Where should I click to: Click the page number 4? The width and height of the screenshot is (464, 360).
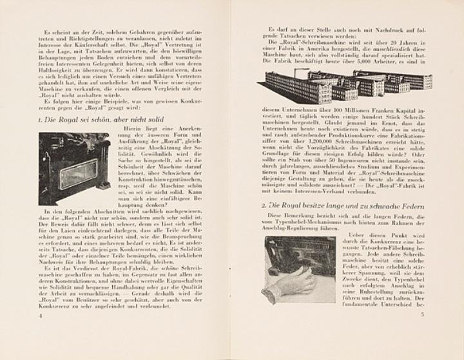click(x=40, y=316)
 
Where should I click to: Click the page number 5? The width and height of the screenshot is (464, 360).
click(x=421, y=315)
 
